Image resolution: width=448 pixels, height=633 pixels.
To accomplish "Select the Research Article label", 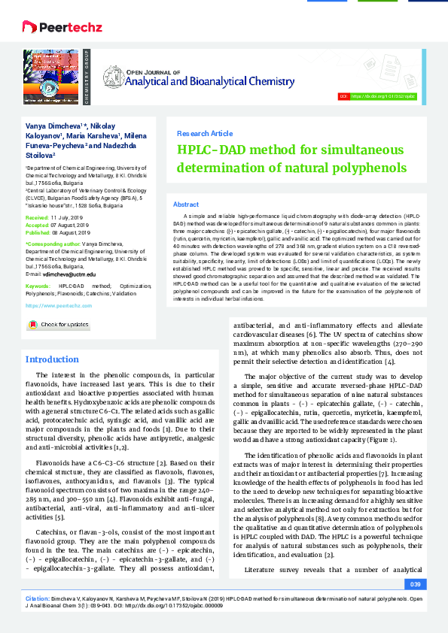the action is (x=204, y=133).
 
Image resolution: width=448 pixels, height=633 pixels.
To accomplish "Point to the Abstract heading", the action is (x=186, y=204).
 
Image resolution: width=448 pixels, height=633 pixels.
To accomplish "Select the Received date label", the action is (x=37, y=216).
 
